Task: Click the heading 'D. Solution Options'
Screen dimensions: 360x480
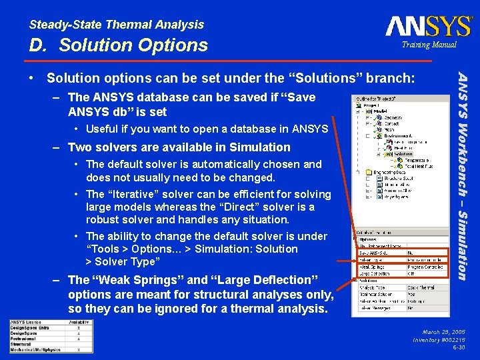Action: pyautogui.click(x=119, y=45)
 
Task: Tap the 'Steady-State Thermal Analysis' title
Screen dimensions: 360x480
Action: pyautogui.click(x=117, y=25)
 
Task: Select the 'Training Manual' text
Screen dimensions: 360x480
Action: pyautogui.click(x=429, y=45)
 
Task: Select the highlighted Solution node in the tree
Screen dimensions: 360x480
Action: pyautogui.click(x=402, y=154)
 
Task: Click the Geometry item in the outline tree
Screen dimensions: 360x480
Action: pyautogui.click(x=393, y=117)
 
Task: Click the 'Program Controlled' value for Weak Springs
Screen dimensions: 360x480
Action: pyautogui.click(x=425, y=267)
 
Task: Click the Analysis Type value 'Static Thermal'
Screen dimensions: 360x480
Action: pyautogui.click(x=422, y=287)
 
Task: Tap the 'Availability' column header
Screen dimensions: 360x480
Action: pyautogui.click(x=79, y=323)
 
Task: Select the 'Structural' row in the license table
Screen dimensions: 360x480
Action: pyautogui.click(x=21, y=344)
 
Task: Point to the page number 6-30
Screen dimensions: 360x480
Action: pyautogui.click(x=459, y=347)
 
